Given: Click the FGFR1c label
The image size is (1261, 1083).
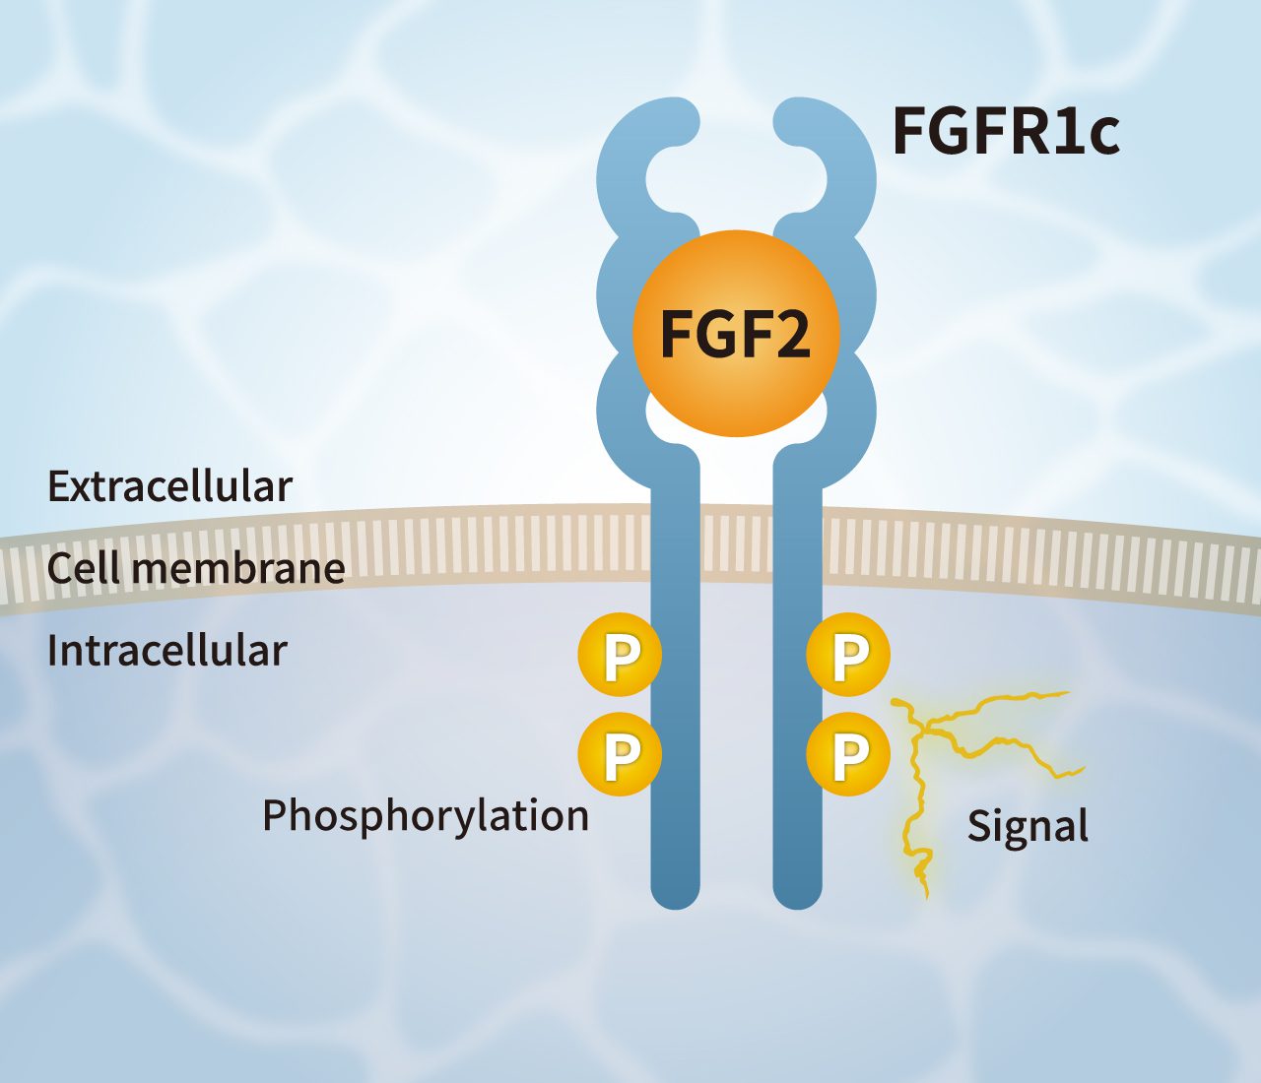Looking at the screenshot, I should click(1005, 132).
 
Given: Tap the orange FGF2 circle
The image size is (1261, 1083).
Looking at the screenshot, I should click(736, 334).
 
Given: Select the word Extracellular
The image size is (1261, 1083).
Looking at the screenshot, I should click(169, 486).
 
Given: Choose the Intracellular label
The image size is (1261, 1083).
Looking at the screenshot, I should click(166, 651).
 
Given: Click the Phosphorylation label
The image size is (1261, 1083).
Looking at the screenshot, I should click(426, 815).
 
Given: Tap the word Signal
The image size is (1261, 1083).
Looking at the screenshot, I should click(1028, 825).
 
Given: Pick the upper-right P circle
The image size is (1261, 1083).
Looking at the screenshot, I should click(848, 655).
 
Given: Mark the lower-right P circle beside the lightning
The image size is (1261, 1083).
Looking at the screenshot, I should click(848, 754).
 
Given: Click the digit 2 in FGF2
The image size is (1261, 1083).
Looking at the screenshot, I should click(788, 334).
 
